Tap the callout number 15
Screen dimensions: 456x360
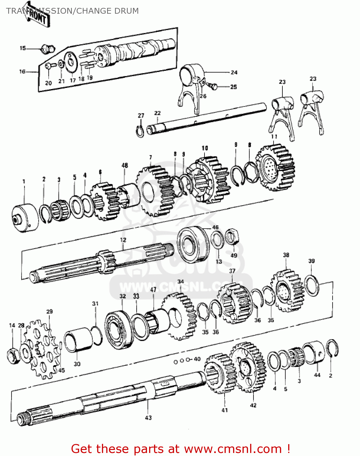pyautogui.click(x=23, y=48)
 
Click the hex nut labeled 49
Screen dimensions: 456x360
pyautogui.click(x=232, y=237)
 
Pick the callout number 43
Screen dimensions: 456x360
pyautogui.click(x=148, y=417)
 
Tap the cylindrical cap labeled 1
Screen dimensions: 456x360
pyautogui.click(x=25, y=218)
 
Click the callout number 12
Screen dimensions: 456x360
pyautogui.click(x=123, y=240)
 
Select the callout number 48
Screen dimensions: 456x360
pyautogui.click(x=125, y=165)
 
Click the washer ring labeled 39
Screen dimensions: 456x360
pyautogui.click(x=312, y=285)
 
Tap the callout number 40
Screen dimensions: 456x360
pyautogui.click(x=197, y=359)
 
